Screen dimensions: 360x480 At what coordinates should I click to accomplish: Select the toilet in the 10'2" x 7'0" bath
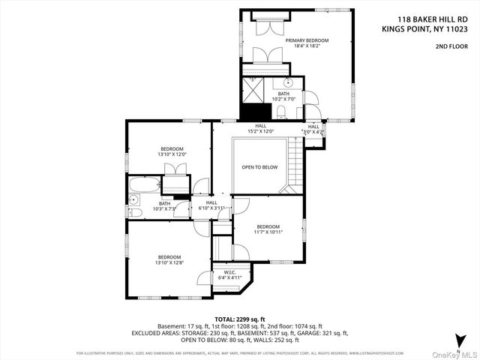pyautogui.click(x=280, y=112)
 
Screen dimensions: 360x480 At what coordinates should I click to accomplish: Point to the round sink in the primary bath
pyautogui.click(x=286, y=83)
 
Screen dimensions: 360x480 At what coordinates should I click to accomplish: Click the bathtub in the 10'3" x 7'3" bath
pyautogui.click(x=143, y=184)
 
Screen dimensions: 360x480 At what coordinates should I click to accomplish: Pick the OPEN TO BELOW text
pyautogui.click(x=259, y=166)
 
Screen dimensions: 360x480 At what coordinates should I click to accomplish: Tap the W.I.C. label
pyautogui.click(x=225, y=271)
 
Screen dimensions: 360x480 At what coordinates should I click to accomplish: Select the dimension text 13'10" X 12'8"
pyautogui.click(x=169, y=262)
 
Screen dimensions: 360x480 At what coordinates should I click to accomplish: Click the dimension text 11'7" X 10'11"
pyautogui.click(x=268, y=232)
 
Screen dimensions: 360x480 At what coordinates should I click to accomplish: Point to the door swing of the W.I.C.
pyautogui.click(x=202, y=278)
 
